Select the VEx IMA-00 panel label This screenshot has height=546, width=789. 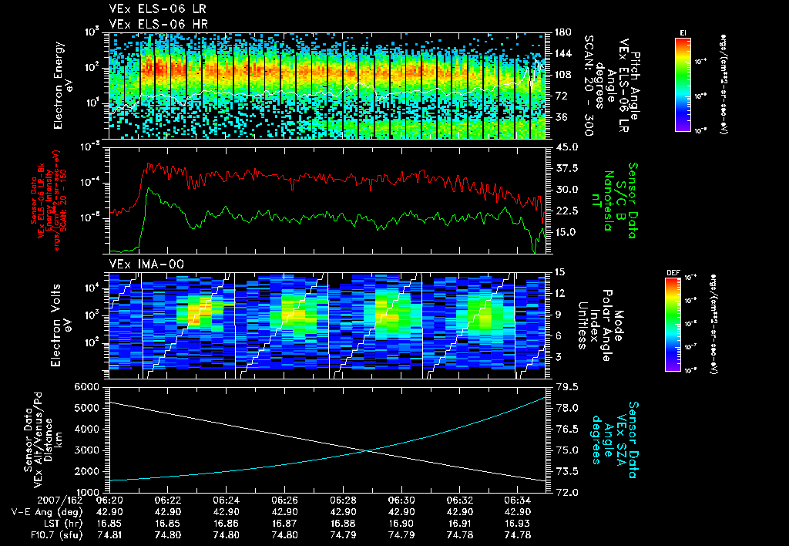pos(142,265)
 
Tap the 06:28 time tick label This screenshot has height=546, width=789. pos(343,501)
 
